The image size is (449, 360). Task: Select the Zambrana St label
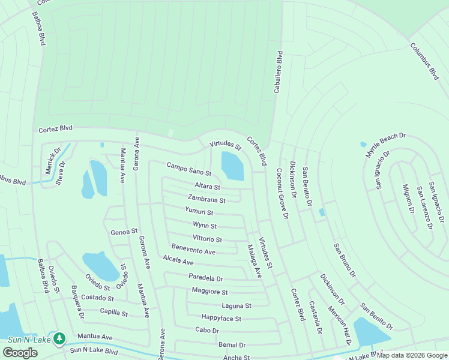click(206, 199)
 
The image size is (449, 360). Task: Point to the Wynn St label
click(205, 226)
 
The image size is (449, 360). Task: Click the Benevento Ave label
click(193, 250)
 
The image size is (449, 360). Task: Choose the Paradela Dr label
click(205, 278)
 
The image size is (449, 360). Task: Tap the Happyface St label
click(221, 319)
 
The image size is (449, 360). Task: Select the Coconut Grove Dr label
click(281, 193)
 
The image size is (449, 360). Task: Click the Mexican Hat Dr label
click(339, 326)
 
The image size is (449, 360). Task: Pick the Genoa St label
click(124, 231)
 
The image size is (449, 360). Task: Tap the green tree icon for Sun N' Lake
click(59, 339)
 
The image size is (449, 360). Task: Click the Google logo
click(20, 353)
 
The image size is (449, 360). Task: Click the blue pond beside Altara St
click(232, 166)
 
